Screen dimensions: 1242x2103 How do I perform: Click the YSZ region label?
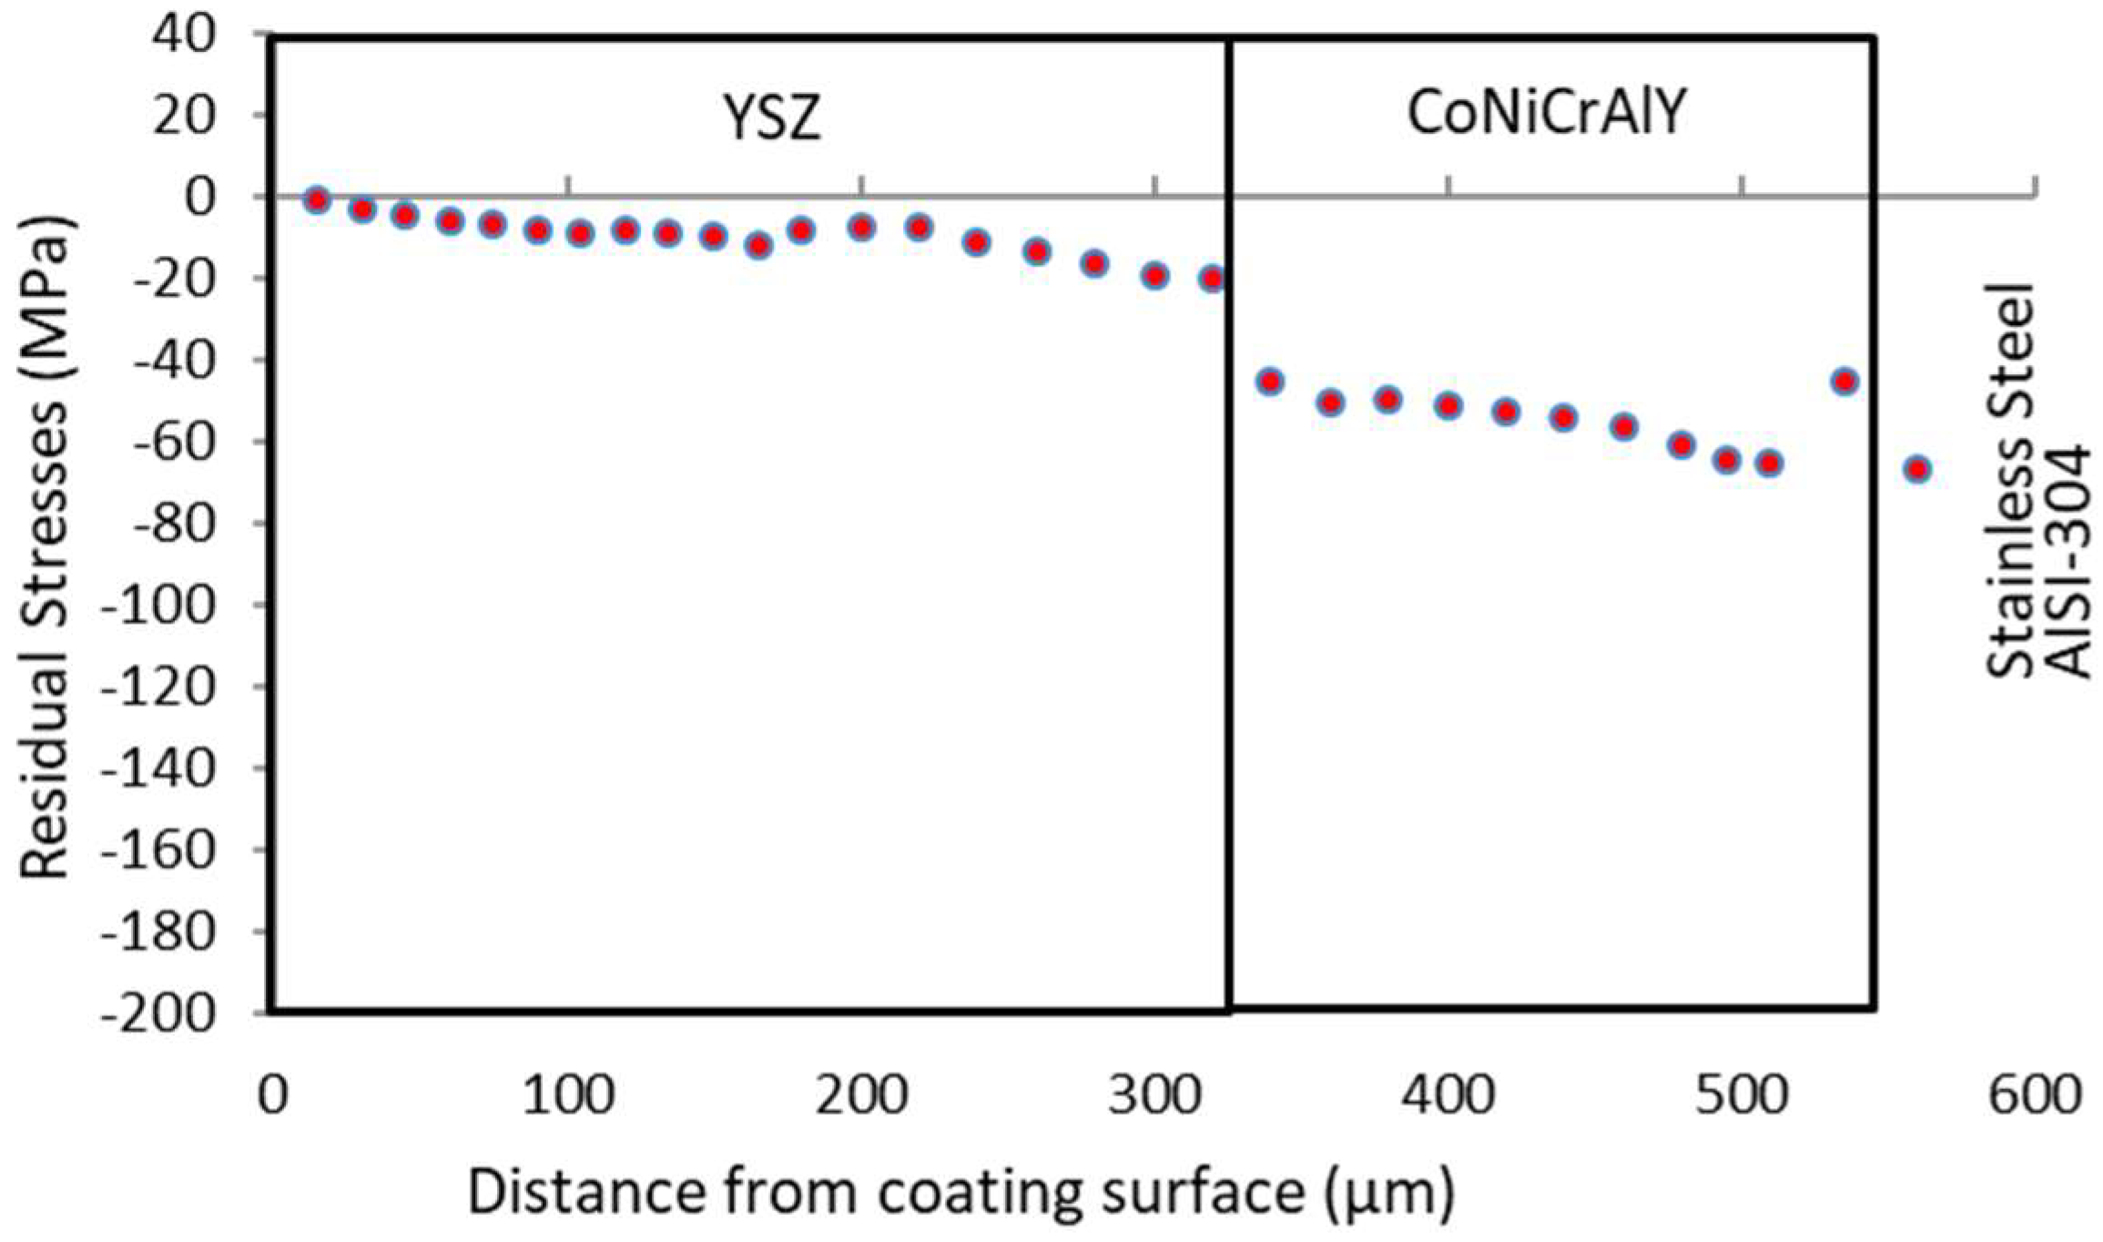(x=772, y=118)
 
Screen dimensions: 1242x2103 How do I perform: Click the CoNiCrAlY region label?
(x=1547, y=115)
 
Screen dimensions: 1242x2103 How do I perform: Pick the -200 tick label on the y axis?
(x=159, y=1013)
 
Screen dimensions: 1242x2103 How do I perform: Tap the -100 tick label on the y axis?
(x=159, y=606)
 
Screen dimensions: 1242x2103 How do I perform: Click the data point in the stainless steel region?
(x=1917, y=470)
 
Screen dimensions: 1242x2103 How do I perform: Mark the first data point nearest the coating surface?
(x=317, y=200)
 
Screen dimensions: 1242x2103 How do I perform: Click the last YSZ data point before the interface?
(x=1212, y=280)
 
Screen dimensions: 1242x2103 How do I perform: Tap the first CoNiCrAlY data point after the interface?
(x=1269, y=382)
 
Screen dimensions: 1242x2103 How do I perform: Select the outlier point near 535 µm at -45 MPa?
(x=1844, y=382)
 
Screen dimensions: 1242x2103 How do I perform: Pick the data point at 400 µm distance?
(x=1448, y=405)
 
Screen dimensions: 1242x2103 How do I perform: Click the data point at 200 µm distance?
(x=861, y=228)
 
